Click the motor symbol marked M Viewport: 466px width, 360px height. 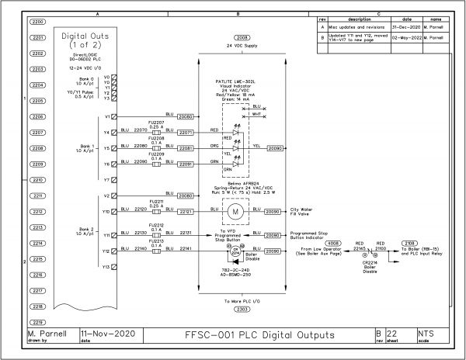pyautogui.click(x=235, y=211)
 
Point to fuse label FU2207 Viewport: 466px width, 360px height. pyautogui.click(x=155, y=123)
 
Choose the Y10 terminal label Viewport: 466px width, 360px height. pyautogui.click(x=106, y=211)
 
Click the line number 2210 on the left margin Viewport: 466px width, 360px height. pyautogui.click(x=37, y=179)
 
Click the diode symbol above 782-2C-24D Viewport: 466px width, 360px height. pyautogui.click(x=235, y=262)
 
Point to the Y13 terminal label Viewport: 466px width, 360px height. pyautogui.click(x=106, y=267)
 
